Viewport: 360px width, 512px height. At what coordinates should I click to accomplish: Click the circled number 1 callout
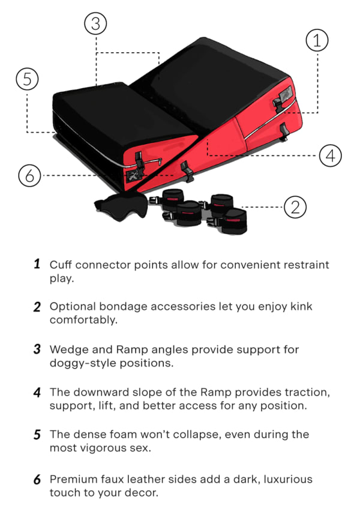pos(317,41)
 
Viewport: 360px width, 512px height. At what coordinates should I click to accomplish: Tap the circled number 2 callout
pos(295,207)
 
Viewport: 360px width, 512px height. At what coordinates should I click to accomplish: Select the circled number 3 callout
pos(96,24)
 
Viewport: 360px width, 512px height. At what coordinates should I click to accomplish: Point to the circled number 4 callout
pos(330,155)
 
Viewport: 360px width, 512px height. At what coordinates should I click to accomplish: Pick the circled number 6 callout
pos(29,175)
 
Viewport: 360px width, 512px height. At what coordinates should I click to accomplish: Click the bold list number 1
pos(37,264)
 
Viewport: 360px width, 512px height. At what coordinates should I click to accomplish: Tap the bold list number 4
pos(37,392)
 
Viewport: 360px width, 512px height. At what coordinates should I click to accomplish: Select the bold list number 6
pos(37,479)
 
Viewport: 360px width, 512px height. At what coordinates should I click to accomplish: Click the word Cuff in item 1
pos(61,265)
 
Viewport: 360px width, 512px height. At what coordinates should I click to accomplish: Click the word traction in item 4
pos(304,392)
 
